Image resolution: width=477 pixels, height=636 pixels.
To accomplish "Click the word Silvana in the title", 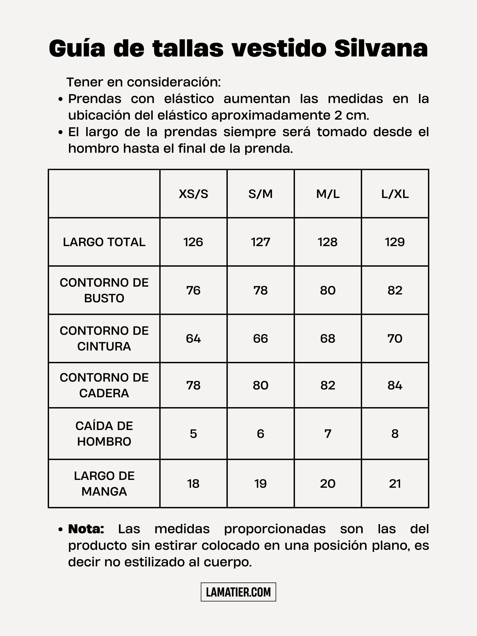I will tap(381, 48).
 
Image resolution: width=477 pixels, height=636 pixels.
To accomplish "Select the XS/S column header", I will tap(193, 194).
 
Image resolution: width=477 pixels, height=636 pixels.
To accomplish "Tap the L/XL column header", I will tap(395, 194).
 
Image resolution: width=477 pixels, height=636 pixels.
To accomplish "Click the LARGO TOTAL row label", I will tap(104, 242).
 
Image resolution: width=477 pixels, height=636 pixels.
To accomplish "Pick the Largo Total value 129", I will tap(395, 242).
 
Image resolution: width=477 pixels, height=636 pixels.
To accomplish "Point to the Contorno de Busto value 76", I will tap(193, 290).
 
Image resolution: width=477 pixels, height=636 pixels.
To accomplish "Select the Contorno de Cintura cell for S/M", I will tap(260, 338).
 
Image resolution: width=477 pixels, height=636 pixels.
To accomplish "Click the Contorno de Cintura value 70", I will tap(395, 338).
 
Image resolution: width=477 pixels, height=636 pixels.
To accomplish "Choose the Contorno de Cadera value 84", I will tap(395, 385).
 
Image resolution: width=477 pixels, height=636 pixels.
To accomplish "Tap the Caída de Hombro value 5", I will tap(193, 434).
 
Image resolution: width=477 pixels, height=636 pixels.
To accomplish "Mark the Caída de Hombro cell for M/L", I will tap(328, 434).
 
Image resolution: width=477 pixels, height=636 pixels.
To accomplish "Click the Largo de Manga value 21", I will tap(395, 484).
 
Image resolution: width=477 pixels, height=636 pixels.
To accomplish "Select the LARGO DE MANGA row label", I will tap(104, 484).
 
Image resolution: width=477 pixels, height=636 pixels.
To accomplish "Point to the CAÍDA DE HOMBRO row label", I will tap(104, 434).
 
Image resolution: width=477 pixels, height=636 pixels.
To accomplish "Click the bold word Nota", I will tap(86, 529).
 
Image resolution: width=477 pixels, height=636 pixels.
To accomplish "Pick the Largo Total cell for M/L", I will tap(328, 242).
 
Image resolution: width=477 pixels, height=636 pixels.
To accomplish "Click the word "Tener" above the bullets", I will tap(84, 82).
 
